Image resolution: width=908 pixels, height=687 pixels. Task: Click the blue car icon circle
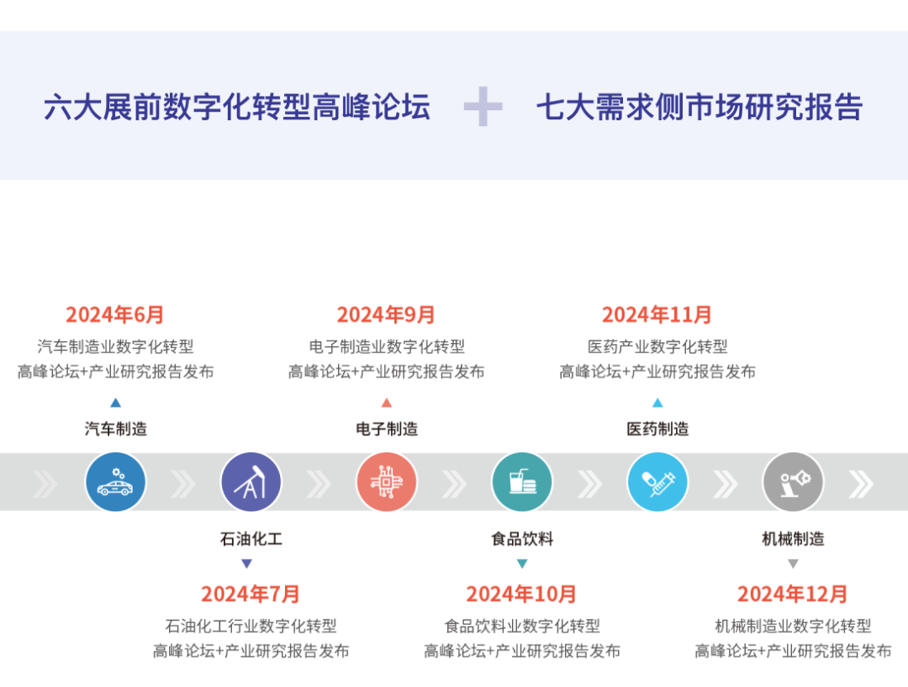pos(115,482)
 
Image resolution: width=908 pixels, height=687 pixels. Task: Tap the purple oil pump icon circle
pos(251,482)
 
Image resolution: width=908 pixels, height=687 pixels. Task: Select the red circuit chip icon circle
pos(387,482)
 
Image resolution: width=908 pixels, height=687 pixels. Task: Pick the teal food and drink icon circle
pos(522,482)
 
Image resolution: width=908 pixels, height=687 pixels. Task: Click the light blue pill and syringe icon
pos(657,482)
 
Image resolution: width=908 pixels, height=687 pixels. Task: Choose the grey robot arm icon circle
pos(793,482)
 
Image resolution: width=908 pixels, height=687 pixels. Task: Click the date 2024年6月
pos(115,314)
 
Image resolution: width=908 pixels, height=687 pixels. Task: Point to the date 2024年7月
pos(250,594)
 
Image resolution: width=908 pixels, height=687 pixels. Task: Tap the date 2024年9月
pos(387,314)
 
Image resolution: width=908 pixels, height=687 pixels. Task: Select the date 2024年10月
pos(521,594)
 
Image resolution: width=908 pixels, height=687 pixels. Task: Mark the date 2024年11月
pos(657,314)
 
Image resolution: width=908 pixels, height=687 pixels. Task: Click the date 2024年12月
pos(793,594)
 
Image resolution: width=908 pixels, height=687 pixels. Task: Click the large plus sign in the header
pos(483,107)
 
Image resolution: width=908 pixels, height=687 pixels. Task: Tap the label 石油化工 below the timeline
pos(251,539)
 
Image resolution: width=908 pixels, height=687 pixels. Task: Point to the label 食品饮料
pos(522,539)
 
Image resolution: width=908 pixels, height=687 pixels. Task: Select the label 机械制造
pos(793,539)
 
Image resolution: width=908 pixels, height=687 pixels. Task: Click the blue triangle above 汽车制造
pos(115,403)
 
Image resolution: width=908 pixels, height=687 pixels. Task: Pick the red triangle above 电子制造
pos(387,403)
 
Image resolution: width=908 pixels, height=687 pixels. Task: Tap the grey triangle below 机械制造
pos(793,563)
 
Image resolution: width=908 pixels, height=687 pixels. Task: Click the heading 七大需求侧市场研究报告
pos(699,108)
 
